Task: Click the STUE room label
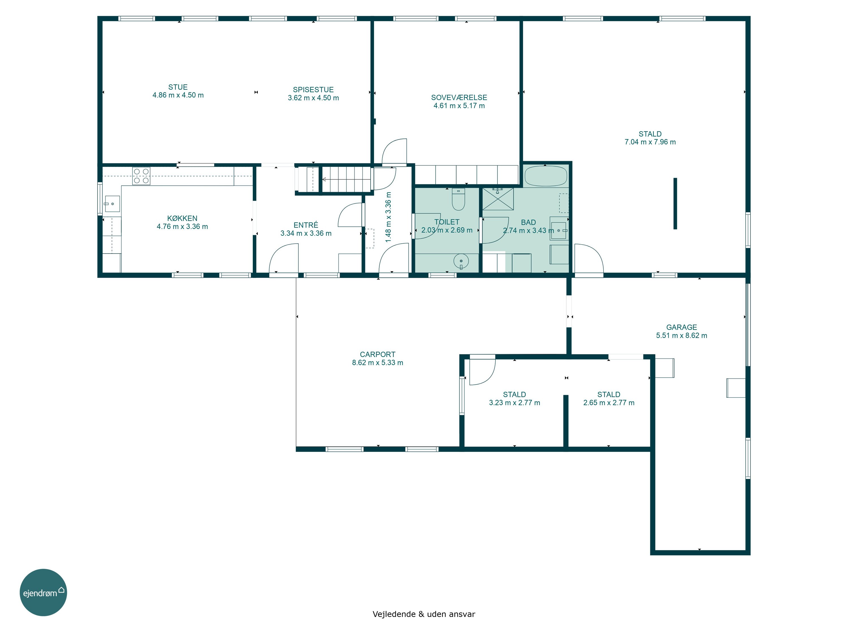coord(178,87)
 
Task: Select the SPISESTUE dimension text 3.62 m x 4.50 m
coord(313,98)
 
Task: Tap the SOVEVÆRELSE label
coord(459,97)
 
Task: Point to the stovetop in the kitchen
coord(141,176)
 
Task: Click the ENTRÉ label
coord(306,225)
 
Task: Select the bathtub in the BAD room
coord(546,176)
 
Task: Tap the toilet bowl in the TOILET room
coord(458,199)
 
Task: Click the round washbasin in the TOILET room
coord(461,261)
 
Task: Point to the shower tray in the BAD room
coord(497,199)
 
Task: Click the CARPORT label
coord(377,355)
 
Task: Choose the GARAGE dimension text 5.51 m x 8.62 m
coord(681,336)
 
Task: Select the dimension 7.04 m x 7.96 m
coord(650,142)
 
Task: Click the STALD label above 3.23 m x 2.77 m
coord(514,395)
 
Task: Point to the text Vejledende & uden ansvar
coord(424,614)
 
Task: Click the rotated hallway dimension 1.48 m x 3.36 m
coord(388,217)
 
